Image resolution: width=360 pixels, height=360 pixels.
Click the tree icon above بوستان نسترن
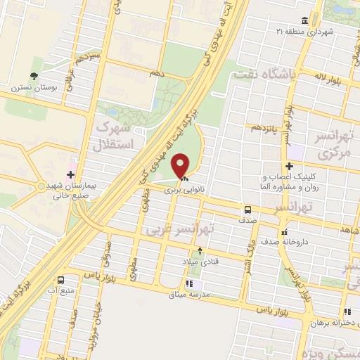coord(33,76)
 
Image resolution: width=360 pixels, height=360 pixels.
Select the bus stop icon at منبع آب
coord(63,278)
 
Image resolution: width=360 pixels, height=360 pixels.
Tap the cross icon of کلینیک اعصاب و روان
coord(289,166)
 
